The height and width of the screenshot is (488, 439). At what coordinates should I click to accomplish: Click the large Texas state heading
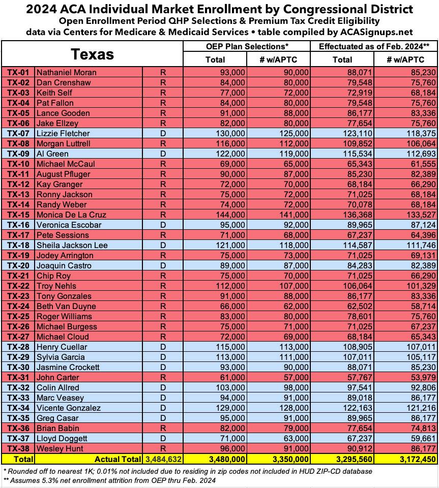92,54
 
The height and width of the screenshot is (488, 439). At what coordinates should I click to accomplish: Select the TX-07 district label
18,133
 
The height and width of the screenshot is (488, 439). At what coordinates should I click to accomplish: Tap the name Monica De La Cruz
64,215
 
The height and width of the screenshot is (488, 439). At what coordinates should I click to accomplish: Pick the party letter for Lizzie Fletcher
163,133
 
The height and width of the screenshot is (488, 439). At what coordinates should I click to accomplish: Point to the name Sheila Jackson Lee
68,245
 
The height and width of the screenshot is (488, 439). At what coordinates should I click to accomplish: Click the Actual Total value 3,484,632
163,459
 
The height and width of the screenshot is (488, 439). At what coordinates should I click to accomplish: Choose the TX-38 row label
18,448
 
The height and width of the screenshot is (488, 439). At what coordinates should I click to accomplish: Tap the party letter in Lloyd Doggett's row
163,438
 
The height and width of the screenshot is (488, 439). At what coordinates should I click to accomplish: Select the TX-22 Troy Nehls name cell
55,286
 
